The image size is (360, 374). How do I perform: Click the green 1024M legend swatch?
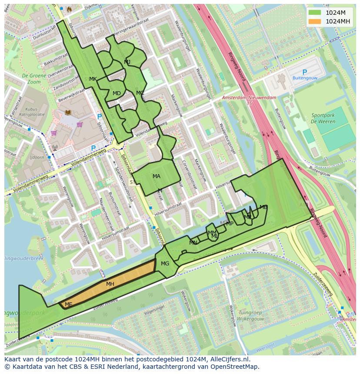pyautogui.click(x=315, y=13)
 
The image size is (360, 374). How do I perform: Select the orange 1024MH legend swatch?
pyautogui.click(x=315, y=21)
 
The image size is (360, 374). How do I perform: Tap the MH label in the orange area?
pyautogui.click(x=110, y=284)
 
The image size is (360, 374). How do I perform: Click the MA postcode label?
pyautogui.click(x=157, y=176)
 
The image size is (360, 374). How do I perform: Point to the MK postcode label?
pyautogui.click(x=93, y=79)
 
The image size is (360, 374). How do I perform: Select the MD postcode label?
pyautogui.click(x=117, y=93)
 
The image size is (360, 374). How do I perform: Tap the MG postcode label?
pyautogui.click(x=165, y=264)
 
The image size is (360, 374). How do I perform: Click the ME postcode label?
pyautogui.click(x=68, y=304)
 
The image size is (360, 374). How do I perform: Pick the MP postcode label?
pyautogui.click(x=230, y=224)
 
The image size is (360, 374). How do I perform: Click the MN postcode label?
pyautogui.click(x=193, y=243)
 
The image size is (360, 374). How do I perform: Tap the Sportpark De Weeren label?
pyautogui.click(x=323, y=118)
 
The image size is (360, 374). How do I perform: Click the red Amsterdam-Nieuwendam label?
pyautogui.click(x=249, y=98)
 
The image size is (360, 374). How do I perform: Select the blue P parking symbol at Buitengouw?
pyautogui.click(x=304, y=72)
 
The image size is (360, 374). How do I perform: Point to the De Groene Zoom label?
pyautogui.click(x=31, y=79)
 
